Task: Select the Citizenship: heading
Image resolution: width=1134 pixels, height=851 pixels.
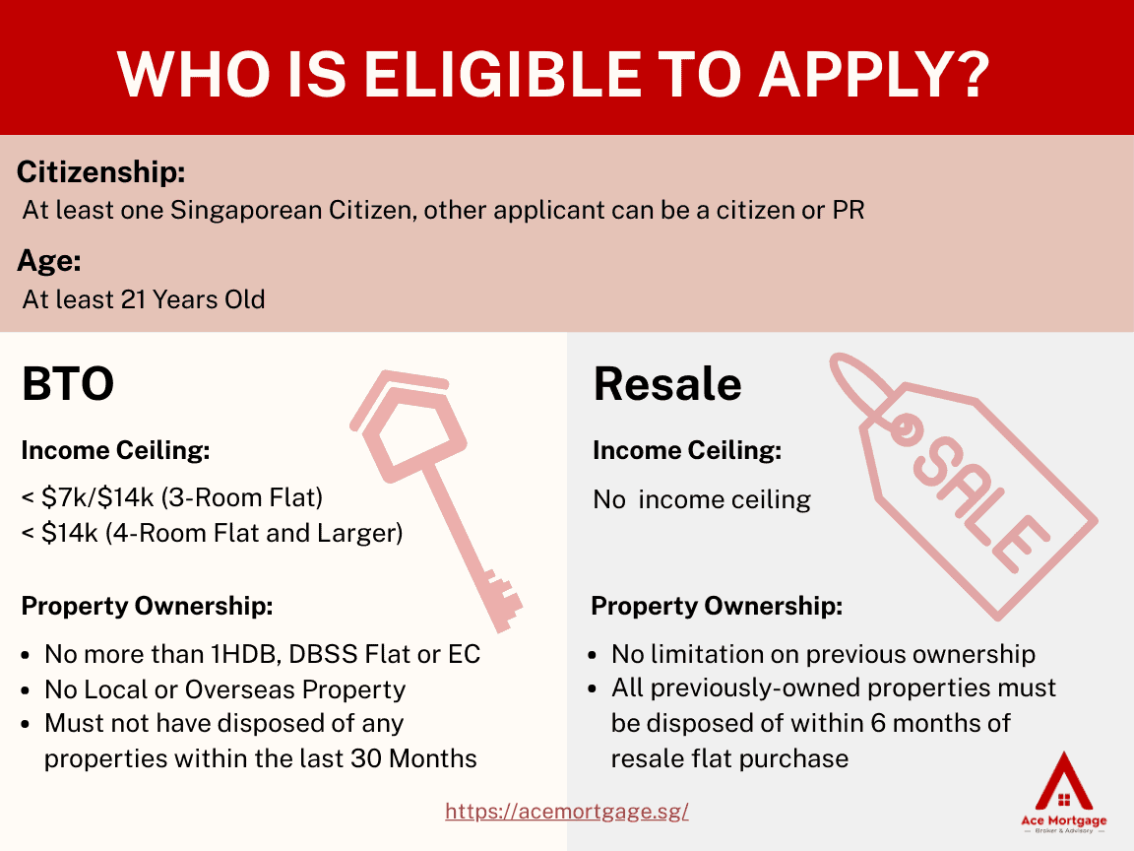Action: pyautogui.click(x=101, y=172)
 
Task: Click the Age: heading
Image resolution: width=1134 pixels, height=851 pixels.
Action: pyautogui.click(x=49, y=260)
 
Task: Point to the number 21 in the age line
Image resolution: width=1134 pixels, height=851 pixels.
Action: pyautogui.click(x=133, y=298)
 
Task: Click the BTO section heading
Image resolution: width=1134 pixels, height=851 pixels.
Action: pyautogui.click(x=68, y=383)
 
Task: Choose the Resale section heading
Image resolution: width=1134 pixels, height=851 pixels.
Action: pyautogui.click(x=667, y=383)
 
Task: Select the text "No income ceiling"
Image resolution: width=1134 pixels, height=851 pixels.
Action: pyautogui.click(x=702, y=499)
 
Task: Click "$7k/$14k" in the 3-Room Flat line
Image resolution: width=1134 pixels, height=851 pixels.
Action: pyautogui.click(x=97, y=497)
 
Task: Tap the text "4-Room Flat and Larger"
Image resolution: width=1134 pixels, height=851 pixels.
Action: pyautogui.click(x=254, y=533)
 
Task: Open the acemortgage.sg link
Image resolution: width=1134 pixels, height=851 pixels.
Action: pyautogui.click(x=567, y=812)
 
